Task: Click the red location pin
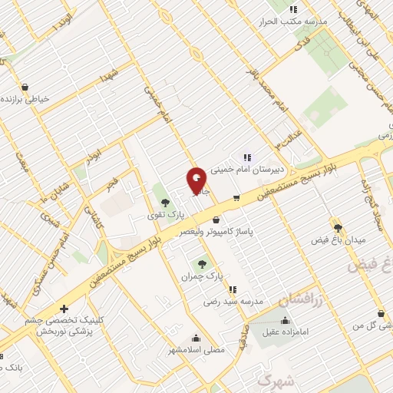pos(196,181)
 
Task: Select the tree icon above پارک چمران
pos(203,263)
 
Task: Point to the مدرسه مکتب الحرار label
pos(296,21)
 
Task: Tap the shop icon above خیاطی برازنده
pos(25,87)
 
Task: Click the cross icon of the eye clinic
pos(64,308)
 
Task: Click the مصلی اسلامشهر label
pos(197,350)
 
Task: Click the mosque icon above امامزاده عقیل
pos(286,321)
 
